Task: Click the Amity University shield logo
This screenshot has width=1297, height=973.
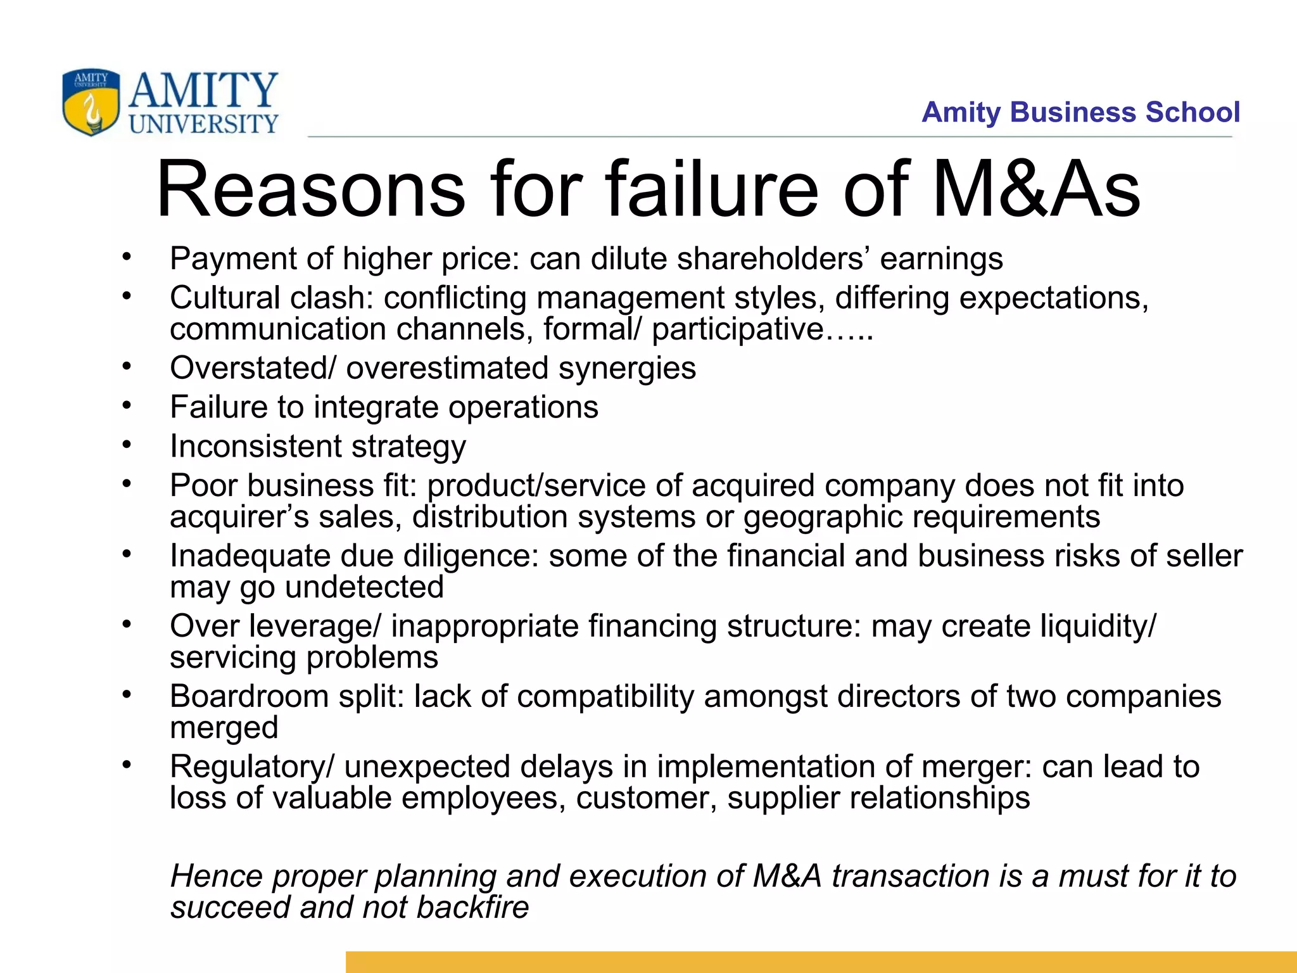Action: click(91, 102)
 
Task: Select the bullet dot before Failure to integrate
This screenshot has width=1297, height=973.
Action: click(127, 405)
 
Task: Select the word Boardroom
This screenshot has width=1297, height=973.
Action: click(249, 696)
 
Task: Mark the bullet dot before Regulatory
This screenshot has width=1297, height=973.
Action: click(127, 765)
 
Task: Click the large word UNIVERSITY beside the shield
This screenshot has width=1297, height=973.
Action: click(203, 124)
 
